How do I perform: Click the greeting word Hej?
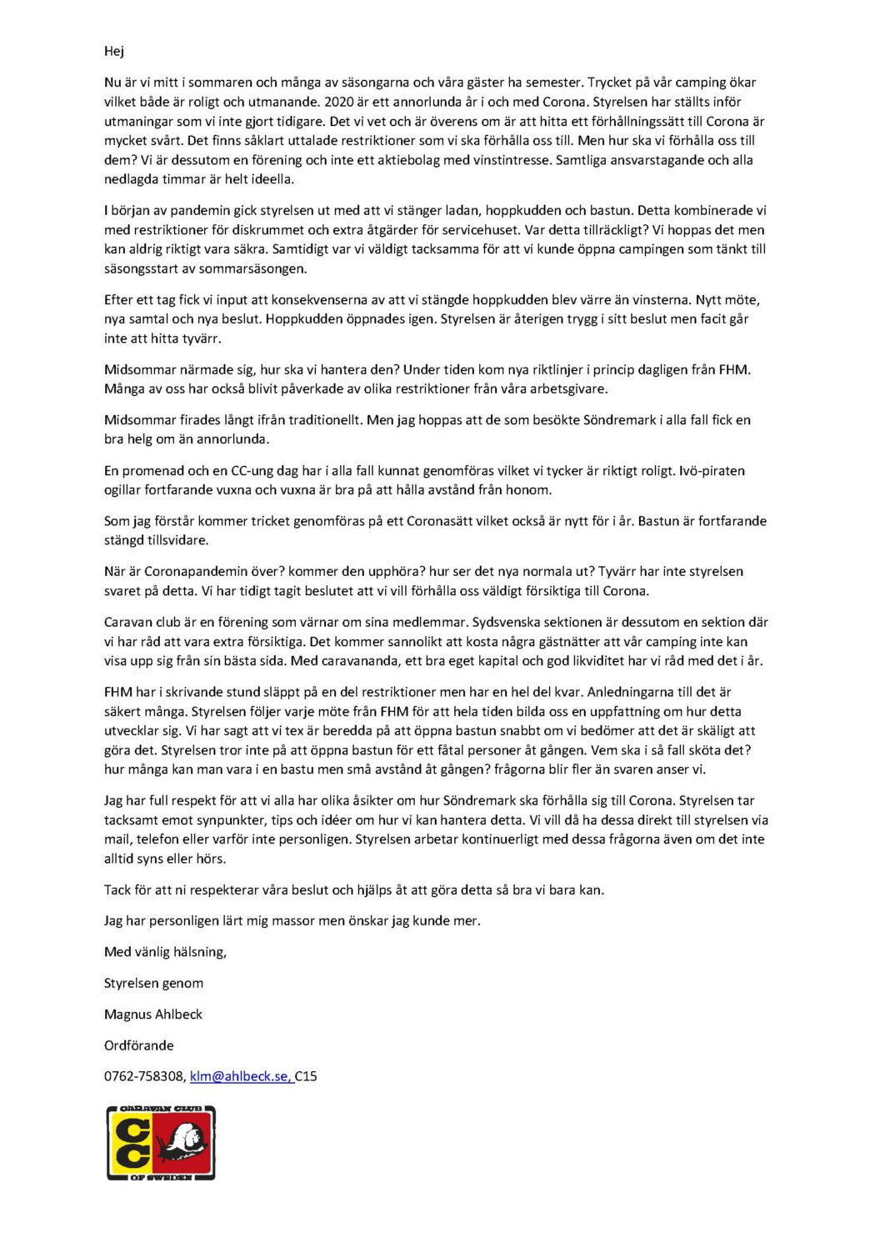(x=114, y=52)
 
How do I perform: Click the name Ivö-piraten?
(x=711, y=471)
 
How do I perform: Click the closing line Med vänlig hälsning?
(x=165, y=952)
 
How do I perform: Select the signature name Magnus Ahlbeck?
(x=153, y=1015)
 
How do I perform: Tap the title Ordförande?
(x=139, y=1045)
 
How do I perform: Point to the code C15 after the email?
(x=306, y=1076)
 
